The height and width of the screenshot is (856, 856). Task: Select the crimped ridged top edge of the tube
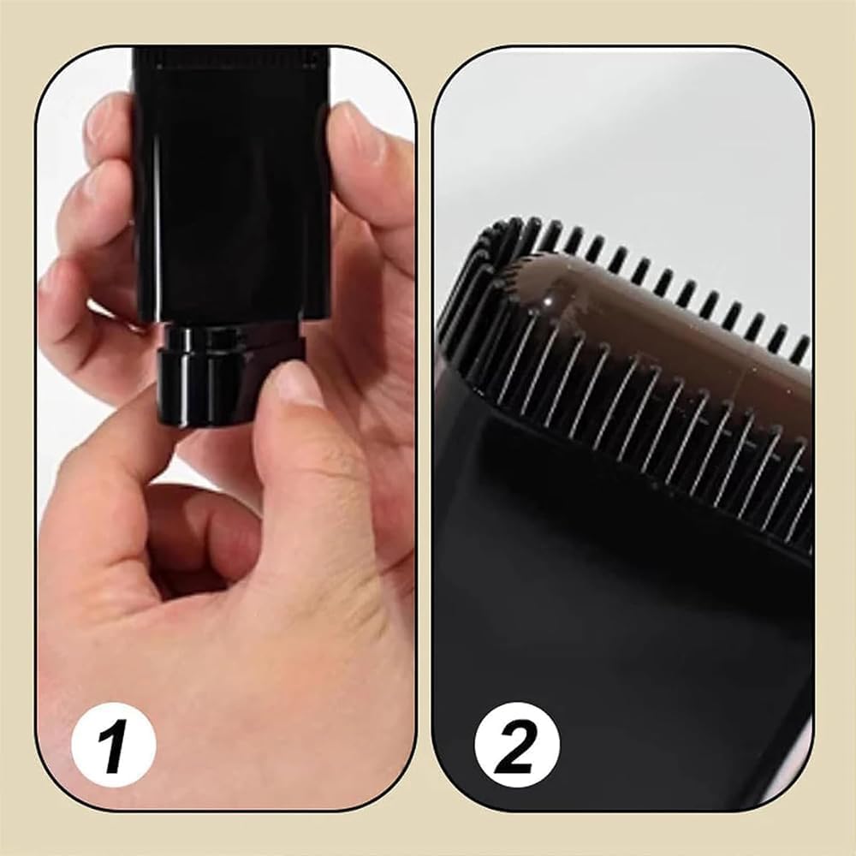(x=231, y=58)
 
